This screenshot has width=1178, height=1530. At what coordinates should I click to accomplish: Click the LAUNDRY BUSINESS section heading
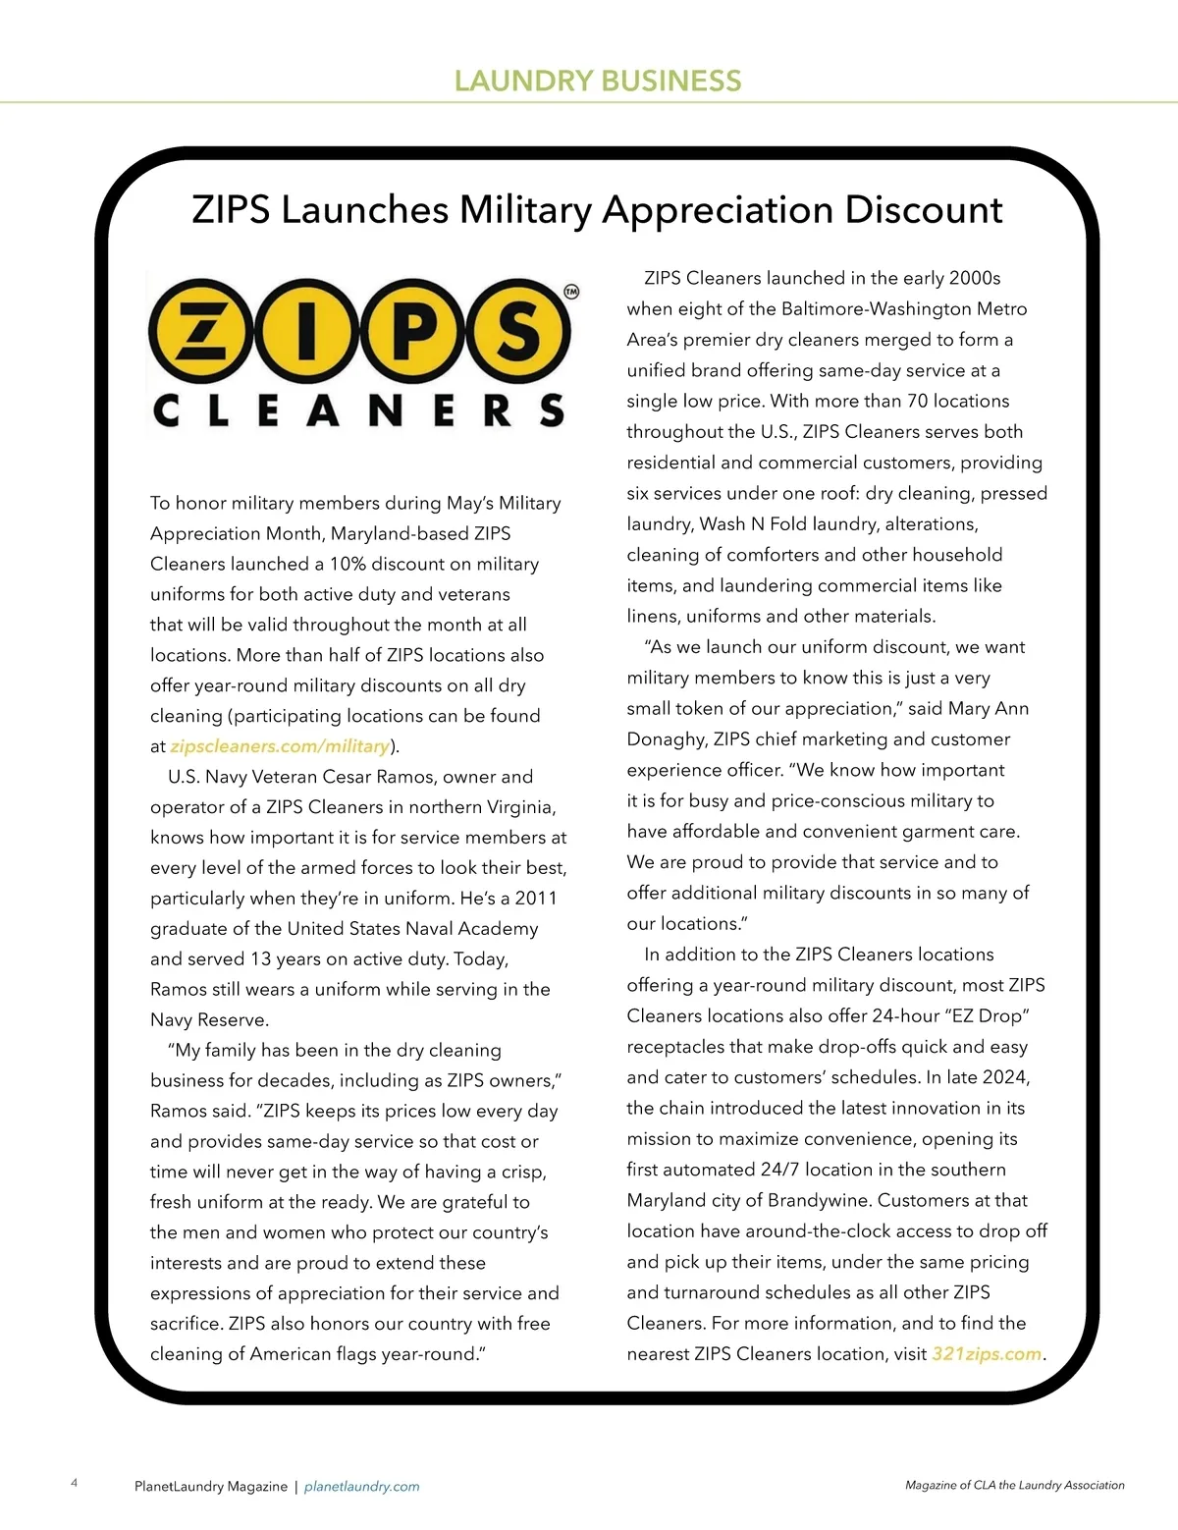pyautogui.click(x=598, y=81)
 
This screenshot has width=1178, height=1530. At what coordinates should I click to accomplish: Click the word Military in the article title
pyautogui.click(x=525, y=210)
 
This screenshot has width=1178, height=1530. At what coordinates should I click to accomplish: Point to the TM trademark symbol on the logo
pyautogui.click(x=570, y=292)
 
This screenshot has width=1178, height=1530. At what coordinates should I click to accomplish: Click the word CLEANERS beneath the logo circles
pyautogui.click(x=359, y=410)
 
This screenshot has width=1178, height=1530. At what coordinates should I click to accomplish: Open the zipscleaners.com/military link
pyautogui.click(x=280, y=746)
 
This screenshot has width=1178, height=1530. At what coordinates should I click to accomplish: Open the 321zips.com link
pyautogui.click(x=986, y=1354)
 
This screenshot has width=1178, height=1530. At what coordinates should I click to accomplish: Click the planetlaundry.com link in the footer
pyautogui.click(x=361, y=1487)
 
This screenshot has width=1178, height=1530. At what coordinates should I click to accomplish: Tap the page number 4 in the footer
pyautogui.click(x=75, y=1483)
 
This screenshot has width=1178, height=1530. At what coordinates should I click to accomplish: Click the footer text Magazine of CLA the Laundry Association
pyautogui.click(x=1014, y=1486)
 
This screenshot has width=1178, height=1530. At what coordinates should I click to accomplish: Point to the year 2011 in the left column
pyautogui.click(x=536, y=899)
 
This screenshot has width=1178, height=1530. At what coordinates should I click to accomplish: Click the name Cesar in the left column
pyautogui.click(x=347, y=777)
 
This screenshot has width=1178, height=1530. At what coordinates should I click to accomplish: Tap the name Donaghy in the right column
pyautogui.click(x=667, y=739)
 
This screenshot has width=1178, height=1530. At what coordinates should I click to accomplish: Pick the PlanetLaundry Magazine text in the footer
pyautogui.click(x=211, y=1487)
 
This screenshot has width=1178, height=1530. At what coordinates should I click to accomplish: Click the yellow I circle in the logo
pyautogui.click(x=307, y=331)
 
